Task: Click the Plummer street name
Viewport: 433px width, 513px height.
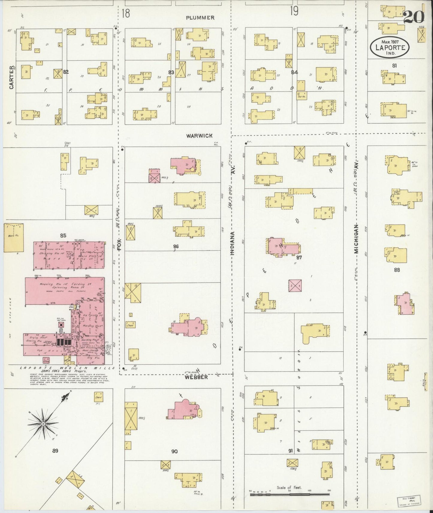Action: point(200,18)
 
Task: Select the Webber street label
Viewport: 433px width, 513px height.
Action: point(196,377)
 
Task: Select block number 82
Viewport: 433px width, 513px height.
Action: point(66,72)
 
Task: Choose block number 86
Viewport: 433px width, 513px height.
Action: point(176,247)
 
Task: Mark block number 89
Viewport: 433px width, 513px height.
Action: point(55,451)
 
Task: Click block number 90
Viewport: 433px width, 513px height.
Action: point(174,451)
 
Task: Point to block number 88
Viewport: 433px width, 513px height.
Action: point(397,270)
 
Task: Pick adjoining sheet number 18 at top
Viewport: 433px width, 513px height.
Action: point(126,13)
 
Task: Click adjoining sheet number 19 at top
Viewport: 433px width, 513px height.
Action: point(294,11)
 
